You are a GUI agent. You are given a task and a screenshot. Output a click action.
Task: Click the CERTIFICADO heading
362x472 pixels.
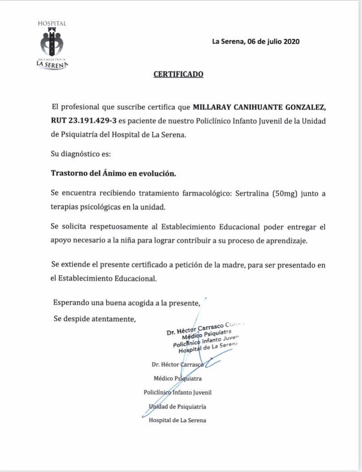[x=178, y=74]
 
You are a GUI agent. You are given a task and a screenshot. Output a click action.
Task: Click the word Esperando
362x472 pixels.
[x=70, y=302]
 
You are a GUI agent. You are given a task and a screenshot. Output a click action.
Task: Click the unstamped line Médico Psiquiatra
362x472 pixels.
[x=178, y=379]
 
